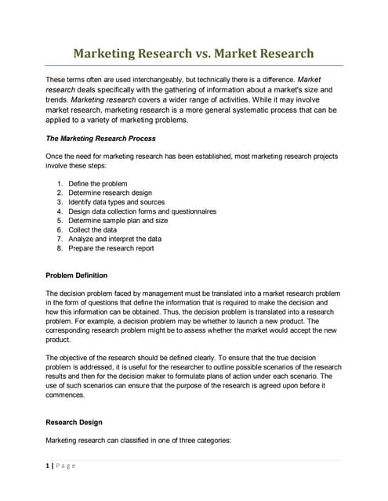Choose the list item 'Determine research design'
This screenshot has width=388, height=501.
pyautogui.click(x=111, y=193)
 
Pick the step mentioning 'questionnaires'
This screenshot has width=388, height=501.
pyautogui.click(x=142, y=211)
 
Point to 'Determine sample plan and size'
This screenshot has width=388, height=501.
pyautogui.click(x=118, y=221)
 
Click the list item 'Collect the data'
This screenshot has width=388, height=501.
pyautogui.click(x=92, y=230)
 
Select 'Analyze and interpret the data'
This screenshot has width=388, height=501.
pyautogui.click(x=115, y=240)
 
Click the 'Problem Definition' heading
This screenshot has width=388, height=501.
pyautogui.click(x=77, y=276)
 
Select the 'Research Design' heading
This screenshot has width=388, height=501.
pyautogui.click(x=74, y=423)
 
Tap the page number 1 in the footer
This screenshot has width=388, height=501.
pyautogui.click(x=48, y=467)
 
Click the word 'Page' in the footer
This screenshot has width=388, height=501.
pyautogui.click(x=65, y=467)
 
